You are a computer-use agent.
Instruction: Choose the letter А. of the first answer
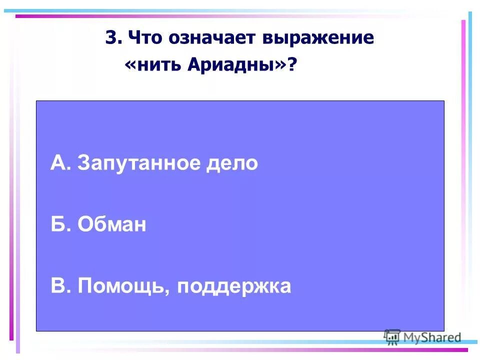[60, 163]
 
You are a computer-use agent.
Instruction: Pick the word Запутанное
[138, 164]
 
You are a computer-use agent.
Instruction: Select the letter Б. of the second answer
[60, 225]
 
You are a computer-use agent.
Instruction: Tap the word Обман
[112, 225]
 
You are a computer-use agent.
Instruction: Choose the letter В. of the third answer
[60, 286]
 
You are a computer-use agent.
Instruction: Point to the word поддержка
[233, 287]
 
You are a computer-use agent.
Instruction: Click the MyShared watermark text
[432, 337]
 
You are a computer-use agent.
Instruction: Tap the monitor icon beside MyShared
[392, 337]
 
